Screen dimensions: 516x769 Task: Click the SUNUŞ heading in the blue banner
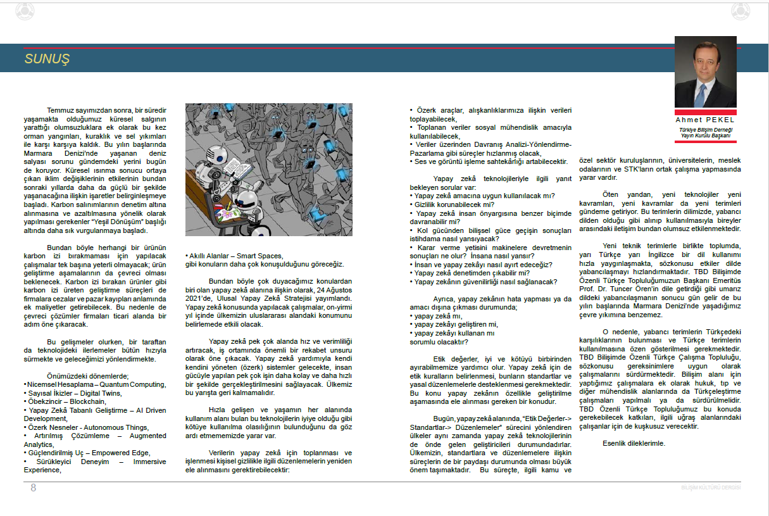pos(47,60)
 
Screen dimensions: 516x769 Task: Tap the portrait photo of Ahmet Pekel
pos(705,72)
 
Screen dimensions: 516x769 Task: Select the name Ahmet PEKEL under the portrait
pos(705,119)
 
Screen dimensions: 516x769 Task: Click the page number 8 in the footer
pos(34,488)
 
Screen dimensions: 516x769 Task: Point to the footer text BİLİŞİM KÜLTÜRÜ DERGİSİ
pos(710,488)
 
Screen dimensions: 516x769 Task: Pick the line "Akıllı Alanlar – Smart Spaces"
pos(234,256)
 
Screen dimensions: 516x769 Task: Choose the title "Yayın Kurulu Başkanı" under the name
pos(705,135)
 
